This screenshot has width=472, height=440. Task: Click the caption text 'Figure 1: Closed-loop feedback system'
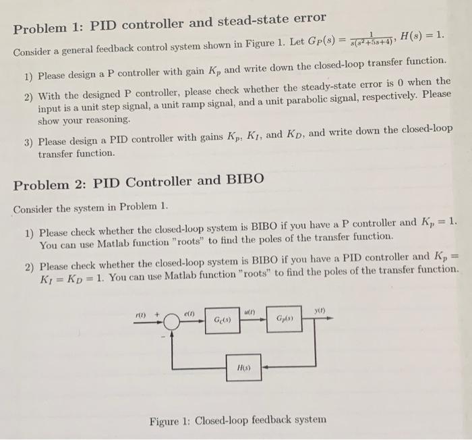(x=238, y=420)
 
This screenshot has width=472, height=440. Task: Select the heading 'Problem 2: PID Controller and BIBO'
(x=138, y=182)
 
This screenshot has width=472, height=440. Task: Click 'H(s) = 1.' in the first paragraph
(x=422, y=34)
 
